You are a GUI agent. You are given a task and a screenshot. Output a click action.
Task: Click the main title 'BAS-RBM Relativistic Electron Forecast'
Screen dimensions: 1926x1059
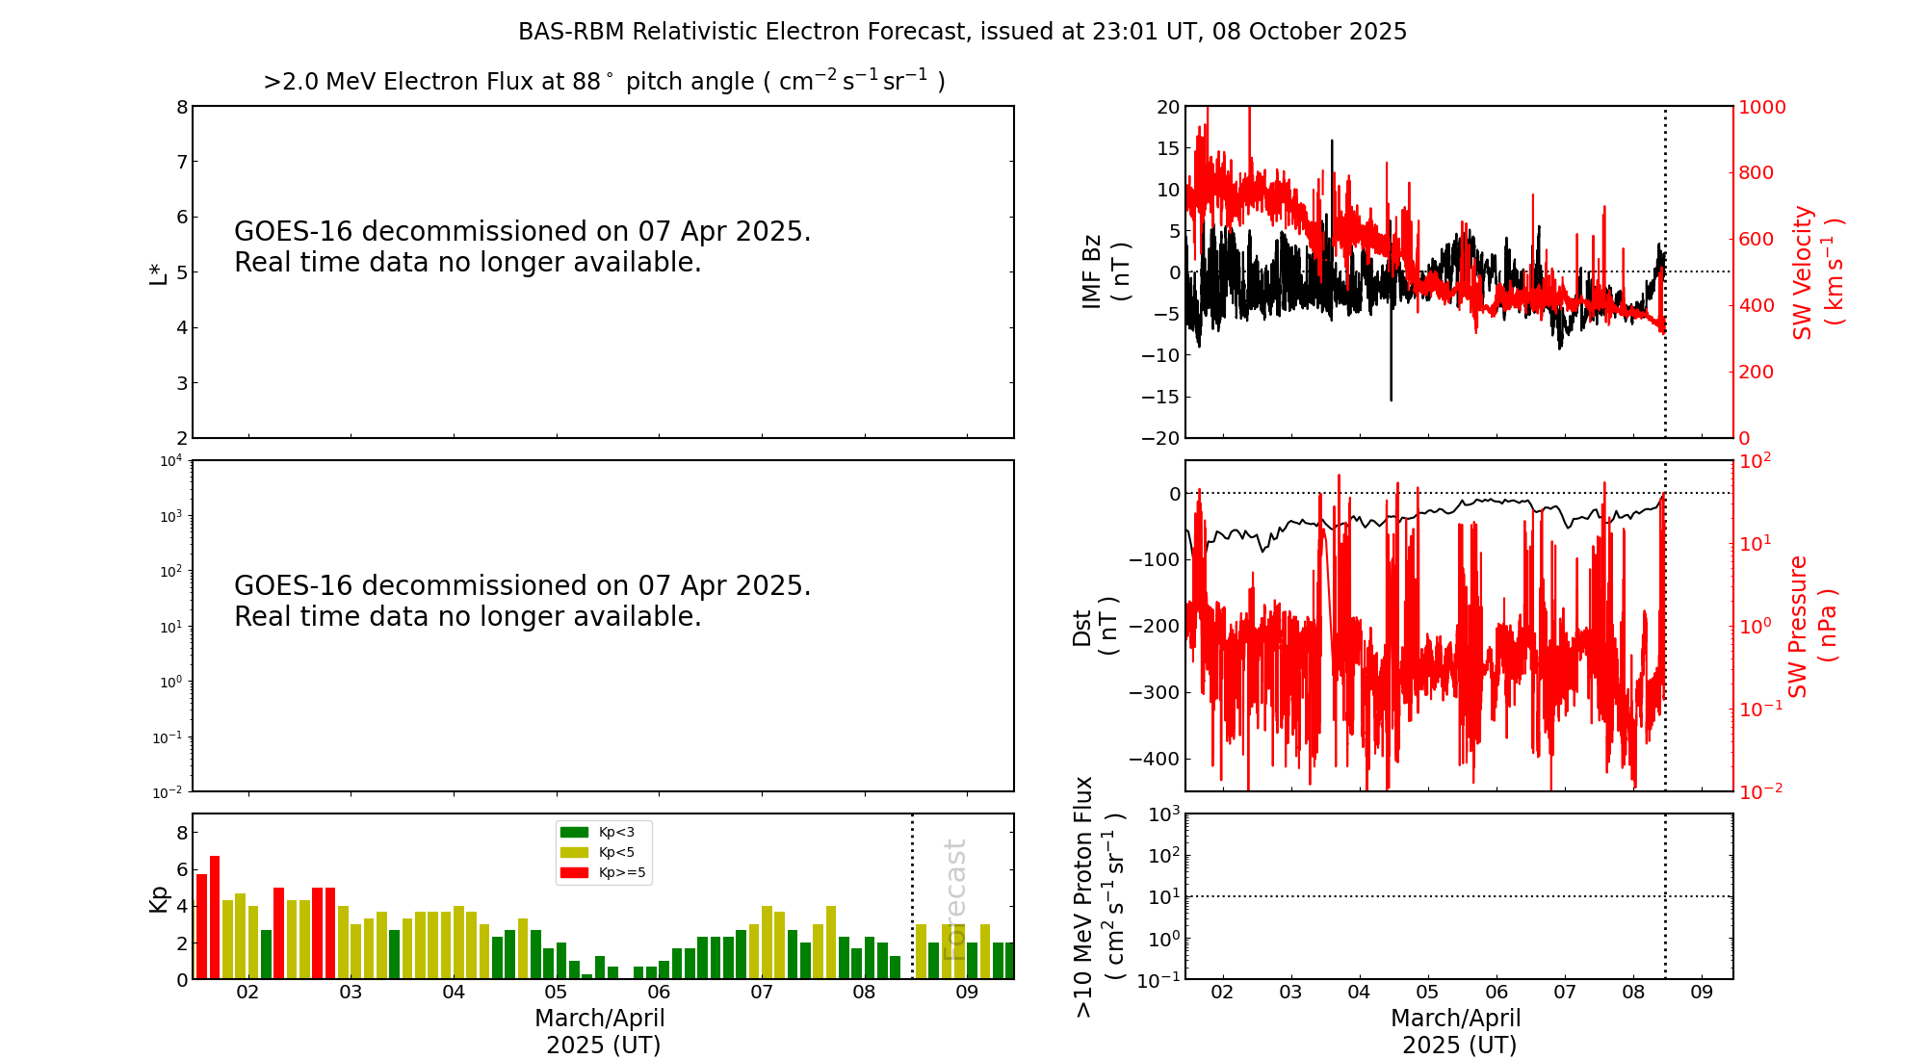742,32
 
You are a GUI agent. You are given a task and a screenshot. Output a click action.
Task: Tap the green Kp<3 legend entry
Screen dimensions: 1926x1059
598,832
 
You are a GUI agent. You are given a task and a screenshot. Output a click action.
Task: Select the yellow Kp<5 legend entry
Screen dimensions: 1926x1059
598,852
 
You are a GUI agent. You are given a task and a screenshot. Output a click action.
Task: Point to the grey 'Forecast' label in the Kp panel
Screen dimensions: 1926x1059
953,899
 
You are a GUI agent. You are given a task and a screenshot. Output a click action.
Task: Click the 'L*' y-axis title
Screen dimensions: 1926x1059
158,272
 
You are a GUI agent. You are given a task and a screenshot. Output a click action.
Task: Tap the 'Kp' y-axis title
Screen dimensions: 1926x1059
158,898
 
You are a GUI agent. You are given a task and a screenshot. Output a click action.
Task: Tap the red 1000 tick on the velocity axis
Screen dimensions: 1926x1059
1761,107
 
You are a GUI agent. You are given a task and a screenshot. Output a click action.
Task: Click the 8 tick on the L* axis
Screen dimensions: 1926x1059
182,107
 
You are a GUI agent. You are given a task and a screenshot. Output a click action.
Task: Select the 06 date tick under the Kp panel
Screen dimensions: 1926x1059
659,993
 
